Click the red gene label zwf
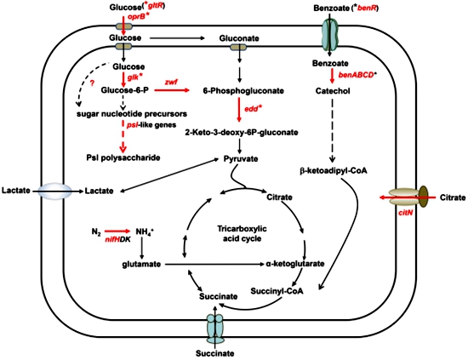pos(171,81)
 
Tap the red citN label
pos(405,213)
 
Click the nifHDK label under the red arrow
pos(117,239)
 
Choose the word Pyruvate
pos(241,158)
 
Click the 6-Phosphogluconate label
pos(243,91)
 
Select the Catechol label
pos(333,91)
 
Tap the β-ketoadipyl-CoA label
pos(333,171)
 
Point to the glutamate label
pos(141,264)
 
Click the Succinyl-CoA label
pos(277,291)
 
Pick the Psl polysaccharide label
pos(123,157)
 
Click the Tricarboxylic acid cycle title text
pos(242,234)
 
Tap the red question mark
pos(92,83)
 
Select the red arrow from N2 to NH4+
pos(117,231)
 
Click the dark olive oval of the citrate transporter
pos(424,197)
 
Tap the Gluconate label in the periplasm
pos(239,38)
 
